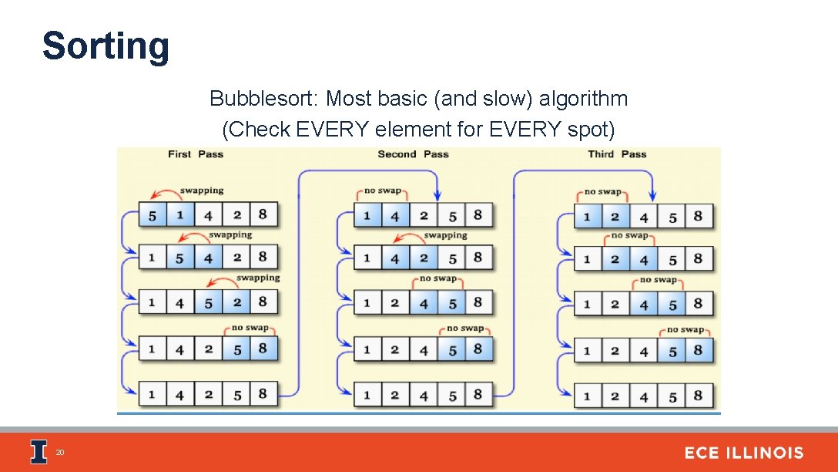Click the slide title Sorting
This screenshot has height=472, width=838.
click(106, 46)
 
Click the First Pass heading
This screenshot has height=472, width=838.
click(196, 154)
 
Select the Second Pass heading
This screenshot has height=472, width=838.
click(413, 154)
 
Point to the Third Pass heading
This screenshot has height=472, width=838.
click(617, 154)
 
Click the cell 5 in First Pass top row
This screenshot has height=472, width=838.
click(152, 215)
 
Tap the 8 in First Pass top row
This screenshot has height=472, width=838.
click(263, 214)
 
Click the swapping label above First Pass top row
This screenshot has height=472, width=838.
click(202, 190)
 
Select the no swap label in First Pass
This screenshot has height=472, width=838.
click(250, 328)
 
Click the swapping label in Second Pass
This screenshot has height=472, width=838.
click(445, 235)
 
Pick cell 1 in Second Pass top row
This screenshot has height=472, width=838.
click(367, 215)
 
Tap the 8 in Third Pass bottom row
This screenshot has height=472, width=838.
click(698, 396)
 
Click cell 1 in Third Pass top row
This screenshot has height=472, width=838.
click(587, 216)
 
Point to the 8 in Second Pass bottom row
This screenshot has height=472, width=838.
click(478, 394)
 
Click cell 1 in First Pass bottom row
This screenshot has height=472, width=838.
click(152, 394)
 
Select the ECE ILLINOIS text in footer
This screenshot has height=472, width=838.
click(743, 453)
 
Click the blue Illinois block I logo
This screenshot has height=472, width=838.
click(39, 453)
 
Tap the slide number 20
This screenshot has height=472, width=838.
click(59, 453)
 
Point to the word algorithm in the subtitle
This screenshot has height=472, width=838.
click(583, 99)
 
